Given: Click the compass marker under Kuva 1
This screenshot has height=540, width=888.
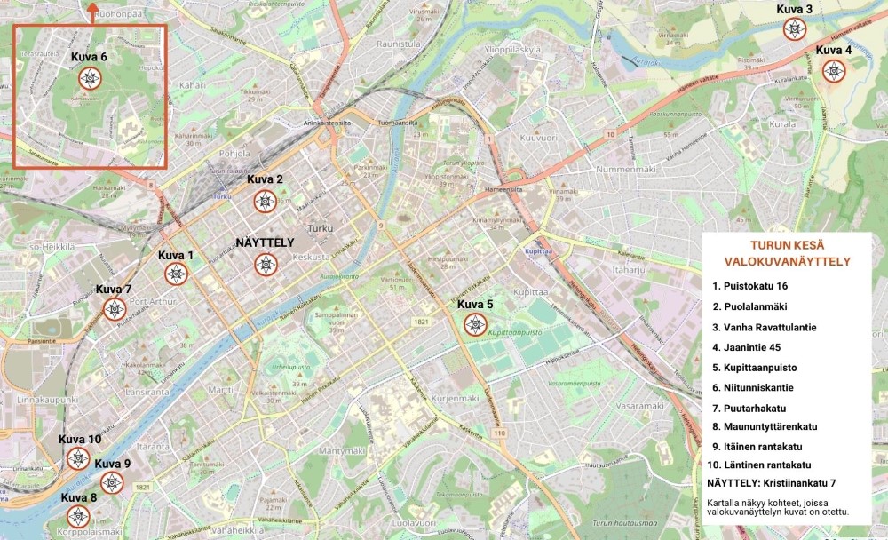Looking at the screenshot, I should point(176,274).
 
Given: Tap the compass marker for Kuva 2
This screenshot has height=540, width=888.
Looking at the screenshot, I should point(264,202).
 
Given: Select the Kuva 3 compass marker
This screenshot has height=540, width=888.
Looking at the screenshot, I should point(794,28).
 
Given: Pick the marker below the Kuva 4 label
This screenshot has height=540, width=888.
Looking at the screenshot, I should point(833,70).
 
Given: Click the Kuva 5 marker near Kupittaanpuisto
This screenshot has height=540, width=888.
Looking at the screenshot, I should point(476,324).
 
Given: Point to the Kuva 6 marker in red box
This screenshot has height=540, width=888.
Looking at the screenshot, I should point(89,78).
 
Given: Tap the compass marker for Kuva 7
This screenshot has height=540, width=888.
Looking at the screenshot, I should point(114,309).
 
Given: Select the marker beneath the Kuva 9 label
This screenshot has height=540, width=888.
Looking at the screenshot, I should point(112,482).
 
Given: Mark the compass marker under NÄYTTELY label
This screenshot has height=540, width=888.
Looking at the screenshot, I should point(265,264).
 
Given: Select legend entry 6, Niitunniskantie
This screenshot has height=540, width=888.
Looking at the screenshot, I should point(757,387).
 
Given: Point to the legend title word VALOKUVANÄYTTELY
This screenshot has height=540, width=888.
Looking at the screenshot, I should point(788,262).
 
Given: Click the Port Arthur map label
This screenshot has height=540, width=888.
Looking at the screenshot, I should point(153,302).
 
